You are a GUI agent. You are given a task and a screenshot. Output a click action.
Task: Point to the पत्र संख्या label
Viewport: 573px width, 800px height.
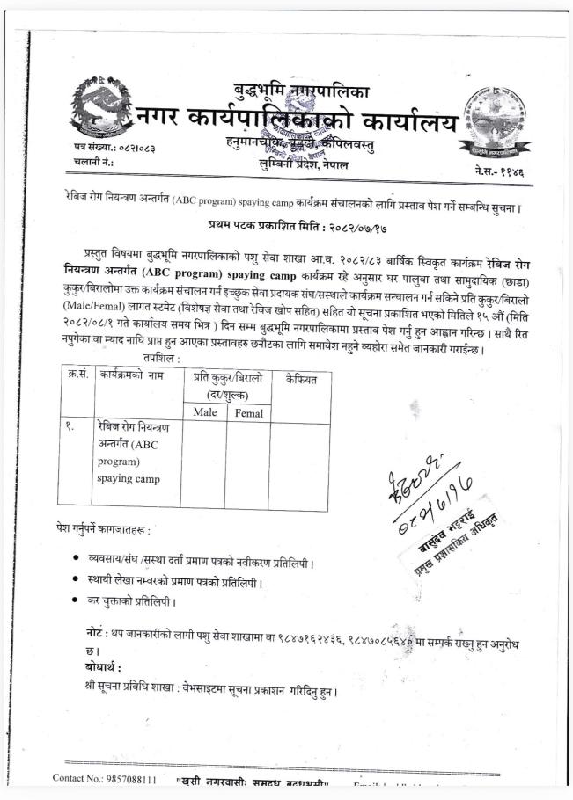[x=87, y=146]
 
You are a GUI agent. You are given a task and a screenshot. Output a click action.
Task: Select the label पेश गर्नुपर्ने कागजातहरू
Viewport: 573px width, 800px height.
[x=102, y=530]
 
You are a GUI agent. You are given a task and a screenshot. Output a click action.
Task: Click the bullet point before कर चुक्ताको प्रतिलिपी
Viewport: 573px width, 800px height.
[x=79, y=600]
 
